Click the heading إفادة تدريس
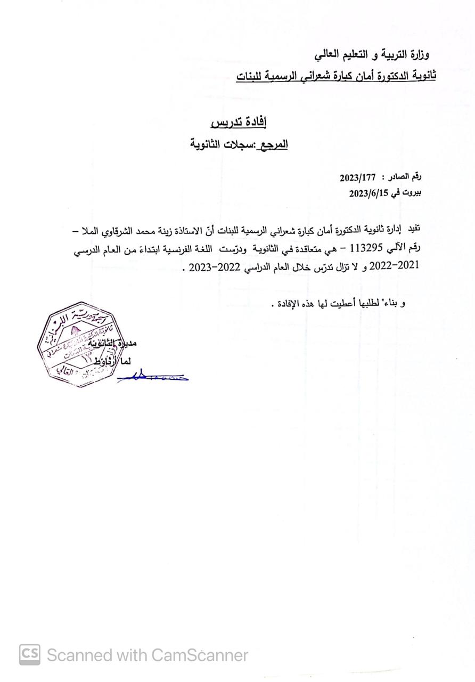coord(239,123)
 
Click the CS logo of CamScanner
coord(30,655)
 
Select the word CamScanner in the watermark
coord(200,655)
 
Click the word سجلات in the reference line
coord(239,144)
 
